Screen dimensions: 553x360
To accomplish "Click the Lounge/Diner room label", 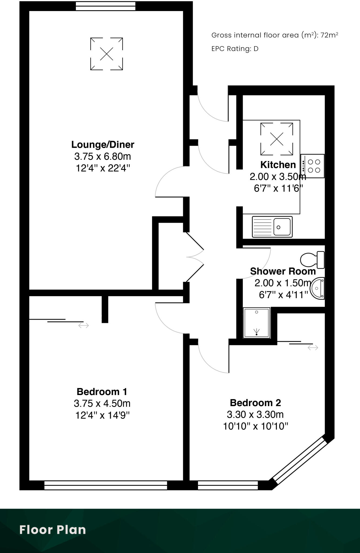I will pos(103,144).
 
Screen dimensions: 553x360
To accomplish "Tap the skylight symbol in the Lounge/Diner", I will pos(106,54).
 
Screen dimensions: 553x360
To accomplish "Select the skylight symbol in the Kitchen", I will pos(277,139).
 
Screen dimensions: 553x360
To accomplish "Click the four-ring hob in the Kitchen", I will pos(314,166).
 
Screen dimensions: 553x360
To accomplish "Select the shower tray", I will pos(257,322).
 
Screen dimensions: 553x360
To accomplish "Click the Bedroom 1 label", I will pos(102,392).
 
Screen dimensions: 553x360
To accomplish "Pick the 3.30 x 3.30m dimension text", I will pos(255,414).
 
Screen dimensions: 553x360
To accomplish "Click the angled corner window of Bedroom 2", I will pos(300,461).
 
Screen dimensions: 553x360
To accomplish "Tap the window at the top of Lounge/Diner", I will pos(105,6).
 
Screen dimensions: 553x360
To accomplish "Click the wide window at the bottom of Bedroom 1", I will pos(106,485).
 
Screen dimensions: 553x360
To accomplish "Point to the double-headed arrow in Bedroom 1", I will pos(83,326).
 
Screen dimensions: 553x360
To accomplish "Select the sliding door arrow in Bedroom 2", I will pos(313,348).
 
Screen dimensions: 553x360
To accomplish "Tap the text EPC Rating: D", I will pos(235,49).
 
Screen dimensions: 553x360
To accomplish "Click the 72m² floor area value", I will pos(329,35).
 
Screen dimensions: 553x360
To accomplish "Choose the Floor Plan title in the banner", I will pos(53,530).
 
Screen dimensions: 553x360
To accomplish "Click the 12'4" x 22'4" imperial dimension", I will pos(103,168).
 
